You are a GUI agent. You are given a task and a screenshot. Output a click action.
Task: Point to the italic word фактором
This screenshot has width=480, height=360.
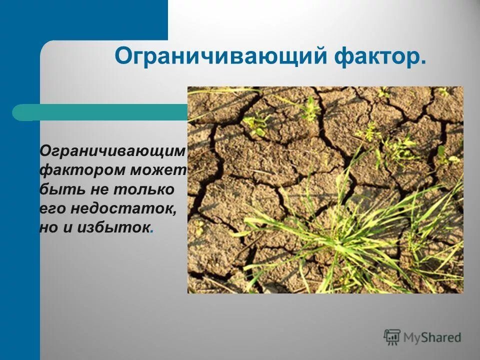tap(83, 170)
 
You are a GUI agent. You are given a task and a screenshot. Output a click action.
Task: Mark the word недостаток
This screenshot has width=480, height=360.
tap(123, 208)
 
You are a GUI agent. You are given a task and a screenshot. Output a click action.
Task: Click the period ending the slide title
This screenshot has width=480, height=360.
tap(423, 63)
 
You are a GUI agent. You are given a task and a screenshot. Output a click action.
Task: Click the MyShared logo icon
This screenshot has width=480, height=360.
tap(392, 337)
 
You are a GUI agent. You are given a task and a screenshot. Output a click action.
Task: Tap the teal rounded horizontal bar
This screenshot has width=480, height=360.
tap(100, 112)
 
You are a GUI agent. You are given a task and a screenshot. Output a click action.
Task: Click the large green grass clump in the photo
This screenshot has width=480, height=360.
tap(345, 230)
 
